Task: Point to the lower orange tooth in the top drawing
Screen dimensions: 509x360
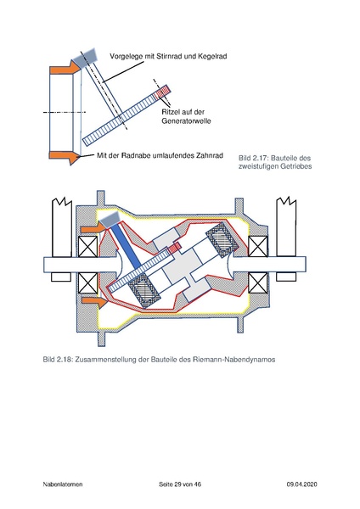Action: [x=65, y=155]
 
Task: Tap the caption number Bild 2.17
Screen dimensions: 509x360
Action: [x=255, y=158]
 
